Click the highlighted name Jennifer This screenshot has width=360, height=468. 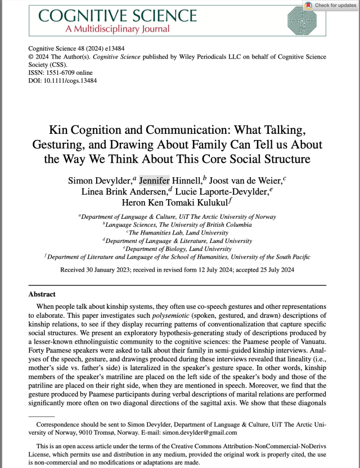pos(154,181)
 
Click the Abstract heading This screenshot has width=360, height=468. pos(42,294)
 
